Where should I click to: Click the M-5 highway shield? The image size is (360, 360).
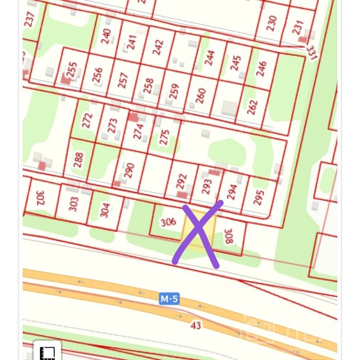tap(170, 299)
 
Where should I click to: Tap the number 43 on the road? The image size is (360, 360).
tap(196, 325)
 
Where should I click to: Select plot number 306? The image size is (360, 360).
tap(168, 222)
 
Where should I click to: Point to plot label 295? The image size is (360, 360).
tap(258, 197)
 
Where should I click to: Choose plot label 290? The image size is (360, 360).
tap(129, 170)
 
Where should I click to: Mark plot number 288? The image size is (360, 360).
tap(78, 160)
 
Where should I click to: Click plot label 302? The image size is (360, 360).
tap(40, 198)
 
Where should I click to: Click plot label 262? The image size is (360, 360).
tap(252, 107)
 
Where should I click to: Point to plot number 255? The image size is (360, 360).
tap(72, 69)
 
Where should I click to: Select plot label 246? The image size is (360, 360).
tap(261, 69)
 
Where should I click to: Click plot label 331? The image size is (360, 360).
tap(312, 52)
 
